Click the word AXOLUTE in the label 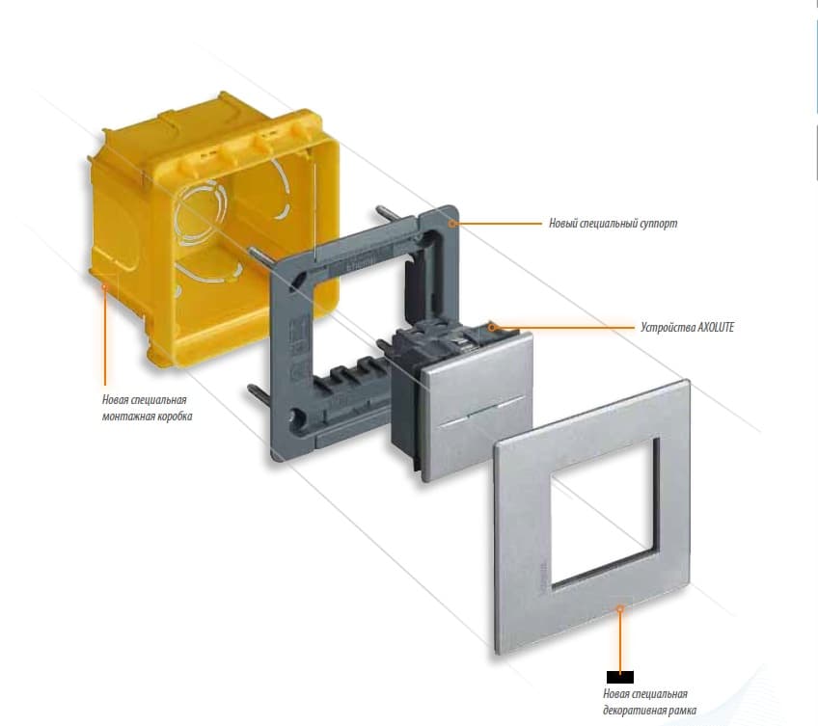pos(716,328)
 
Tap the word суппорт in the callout pos(660,224)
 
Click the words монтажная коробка pos(148,417)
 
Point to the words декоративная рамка pos(649,711)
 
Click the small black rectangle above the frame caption pos(620,677)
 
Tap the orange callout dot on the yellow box pos(104,285)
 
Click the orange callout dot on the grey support pos(453,224)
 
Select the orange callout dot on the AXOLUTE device pos(491,328)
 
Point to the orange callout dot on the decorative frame pos(620,608)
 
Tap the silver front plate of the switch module pos(477,407)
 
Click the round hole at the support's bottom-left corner pos(297,417)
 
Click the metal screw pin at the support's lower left pos(258,393)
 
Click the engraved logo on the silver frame pos(547,576)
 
